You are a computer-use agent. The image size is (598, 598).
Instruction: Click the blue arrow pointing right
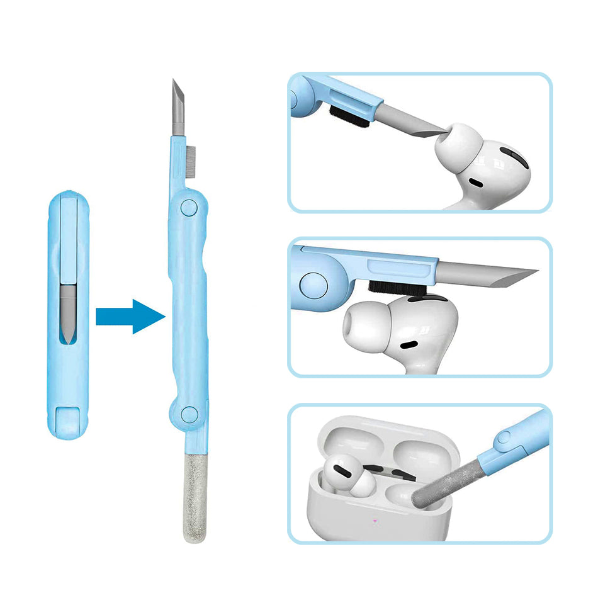pos(129,316)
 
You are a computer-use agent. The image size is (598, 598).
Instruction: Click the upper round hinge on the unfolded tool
pos(186,207)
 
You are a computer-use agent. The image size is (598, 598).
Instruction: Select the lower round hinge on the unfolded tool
pos(187,413)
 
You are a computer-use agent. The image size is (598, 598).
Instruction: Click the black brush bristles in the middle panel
pos(393,287)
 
